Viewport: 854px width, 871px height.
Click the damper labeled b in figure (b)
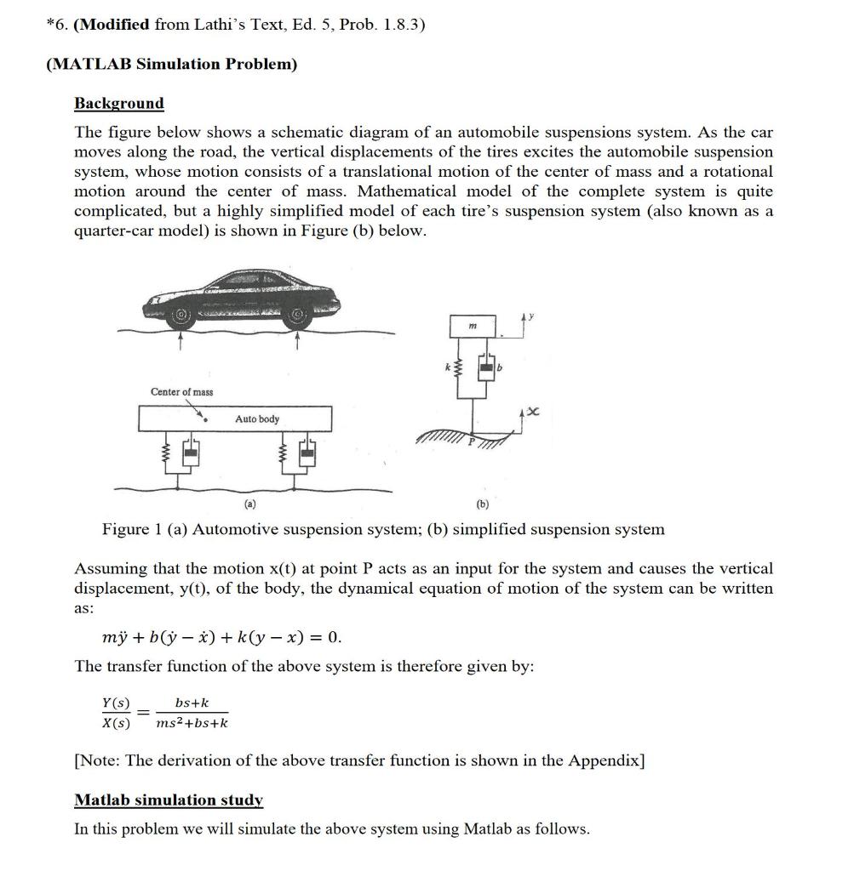click(x=488, y=367)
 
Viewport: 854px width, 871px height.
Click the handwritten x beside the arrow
click(x=535, y=411)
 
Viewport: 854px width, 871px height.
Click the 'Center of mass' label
click(x=181, y=391)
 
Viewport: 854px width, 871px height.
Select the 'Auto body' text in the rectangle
click(x=256, y=419)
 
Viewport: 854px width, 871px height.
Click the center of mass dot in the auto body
click(x=207, y=418)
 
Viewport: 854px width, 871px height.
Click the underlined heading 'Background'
click(x=118, y=103)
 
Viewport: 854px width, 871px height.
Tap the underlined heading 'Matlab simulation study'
click(x=169, y=800)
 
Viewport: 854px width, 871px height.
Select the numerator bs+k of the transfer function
click(x=191, y=703)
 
